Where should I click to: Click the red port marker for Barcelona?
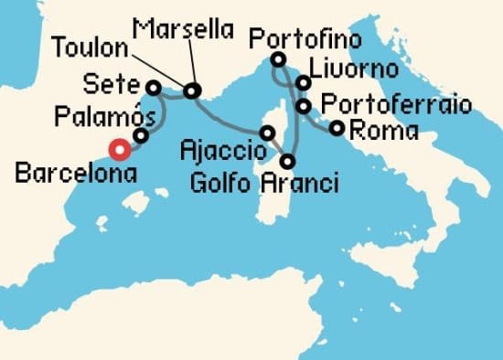(x=119, y=151)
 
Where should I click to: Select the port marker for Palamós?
(x=141, y=135)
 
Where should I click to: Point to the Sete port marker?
(x=154, y=88)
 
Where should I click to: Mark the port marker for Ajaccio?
(x=267, y=133)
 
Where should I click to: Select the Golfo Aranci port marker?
(x=288, y=162)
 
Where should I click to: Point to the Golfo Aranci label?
(x=263, y=184)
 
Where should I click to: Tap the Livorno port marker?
(x=302, y=83)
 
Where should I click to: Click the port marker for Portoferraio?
(x=304, y=106)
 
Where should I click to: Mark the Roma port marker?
(x=337, y=128)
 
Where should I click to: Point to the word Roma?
(x=384, y=131)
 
